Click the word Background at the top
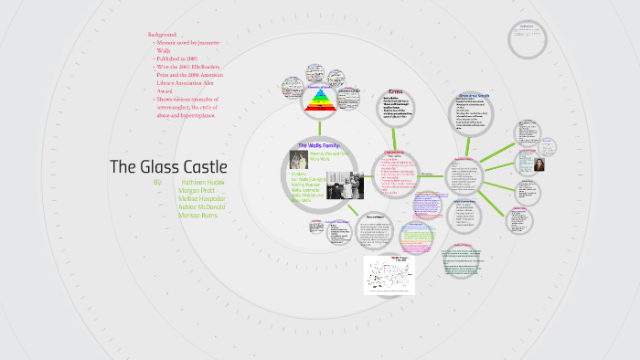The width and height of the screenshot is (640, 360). pyautogui.click(x=163, y=35)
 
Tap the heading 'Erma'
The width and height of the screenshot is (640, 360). pyautogui.click(x=395, y=92)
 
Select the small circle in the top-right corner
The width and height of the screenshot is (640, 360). pyautogui.click(x=526, y=39)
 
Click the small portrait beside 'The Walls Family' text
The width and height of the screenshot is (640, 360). pyautogui.click(x=297, y=157)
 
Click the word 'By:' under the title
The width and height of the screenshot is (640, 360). pyautogui.click(x=158, y=183)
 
